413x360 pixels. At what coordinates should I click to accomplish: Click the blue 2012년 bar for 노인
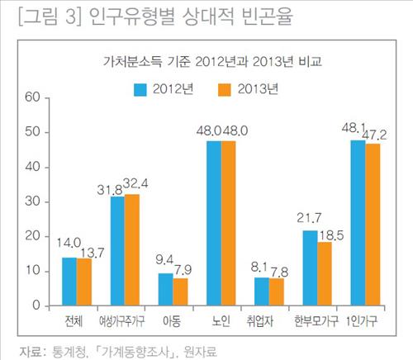coord(213,223)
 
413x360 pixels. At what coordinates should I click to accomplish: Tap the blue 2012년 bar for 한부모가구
coord(311,268)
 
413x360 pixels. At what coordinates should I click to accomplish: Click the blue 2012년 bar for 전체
coord(69,282)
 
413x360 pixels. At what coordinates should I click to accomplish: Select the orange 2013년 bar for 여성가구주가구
coord(132,249)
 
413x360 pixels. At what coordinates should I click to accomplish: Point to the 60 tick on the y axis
coord(33,97)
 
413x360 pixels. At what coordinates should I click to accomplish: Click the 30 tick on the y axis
coord(33,201)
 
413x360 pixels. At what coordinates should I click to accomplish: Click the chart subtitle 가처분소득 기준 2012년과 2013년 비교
coord(206,62)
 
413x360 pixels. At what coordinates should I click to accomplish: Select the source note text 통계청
coord(64,349)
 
